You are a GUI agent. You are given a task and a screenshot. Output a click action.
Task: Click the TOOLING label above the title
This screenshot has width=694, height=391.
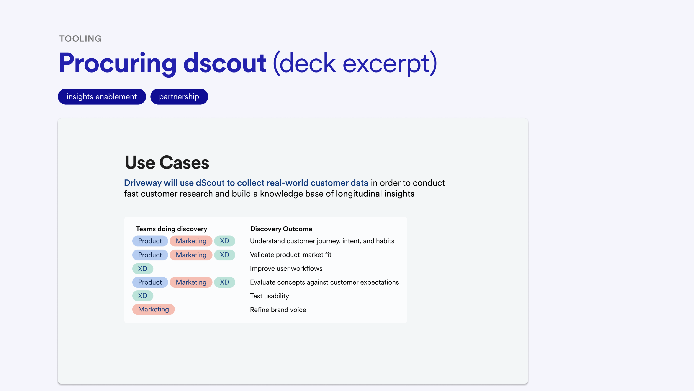tap(80, 39)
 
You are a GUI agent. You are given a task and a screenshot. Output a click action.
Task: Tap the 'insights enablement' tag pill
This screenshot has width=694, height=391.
tap(102, 97)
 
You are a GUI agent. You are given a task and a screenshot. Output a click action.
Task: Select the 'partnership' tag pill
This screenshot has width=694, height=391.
tap(179, 97)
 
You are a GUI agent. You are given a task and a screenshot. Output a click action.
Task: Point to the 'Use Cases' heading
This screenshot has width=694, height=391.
tap(167, 162)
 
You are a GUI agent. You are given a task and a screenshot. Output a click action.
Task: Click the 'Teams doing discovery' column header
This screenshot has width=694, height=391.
tap(172, 229)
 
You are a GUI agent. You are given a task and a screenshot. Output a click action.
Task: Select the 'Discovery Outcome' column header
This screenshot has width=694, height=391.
tap(281, 229)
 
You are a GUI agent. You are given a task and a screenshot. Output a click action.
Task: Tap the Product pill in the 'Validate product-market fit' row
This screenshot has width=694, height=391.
tap(150, 255)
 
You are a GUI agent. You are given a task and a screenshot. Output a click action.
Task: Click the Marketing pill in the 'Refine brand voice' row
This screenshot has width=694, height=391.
tap(154, 309)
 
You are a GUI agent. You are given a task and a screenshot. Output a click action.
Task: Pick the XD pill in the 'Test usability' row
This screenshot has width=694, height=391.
tap(143, 296)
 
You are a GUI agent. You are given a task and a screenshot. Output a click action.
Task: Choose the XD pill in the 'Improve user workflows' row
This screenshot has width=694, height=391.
tap(143, 269)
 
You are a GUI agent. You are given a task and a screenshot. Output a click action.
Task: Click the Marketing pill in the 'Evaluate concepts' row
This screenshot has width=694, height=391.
tap(191, 282)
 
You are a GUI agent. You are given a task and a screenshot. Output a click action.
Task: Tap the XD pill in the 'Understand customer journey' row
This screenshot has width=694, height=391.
tap(225, 241)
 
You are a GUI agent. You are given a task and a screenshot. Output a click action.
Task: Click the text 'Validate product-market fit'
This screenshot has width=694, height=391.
tap(291, 255)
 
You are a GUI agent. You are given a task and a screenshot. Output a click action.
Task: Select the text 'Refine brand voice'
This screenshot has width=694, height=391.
tap(278, 310)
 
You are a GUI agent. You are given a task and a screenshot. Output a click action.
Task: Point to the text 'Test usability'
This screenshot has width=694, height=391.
tap(269, 296)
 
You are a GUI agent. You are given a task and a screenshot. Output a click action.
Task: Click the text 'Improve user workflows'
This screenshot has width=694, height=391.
tap(286, 268)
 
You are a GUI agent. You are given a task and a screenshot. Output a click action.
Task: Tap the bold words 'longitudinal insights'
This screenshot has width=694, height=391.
tap(375, 194)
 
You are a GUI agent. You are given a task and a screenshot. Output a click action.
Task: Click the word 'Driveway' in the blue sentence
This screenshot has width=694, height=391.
tap(143, 183)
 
